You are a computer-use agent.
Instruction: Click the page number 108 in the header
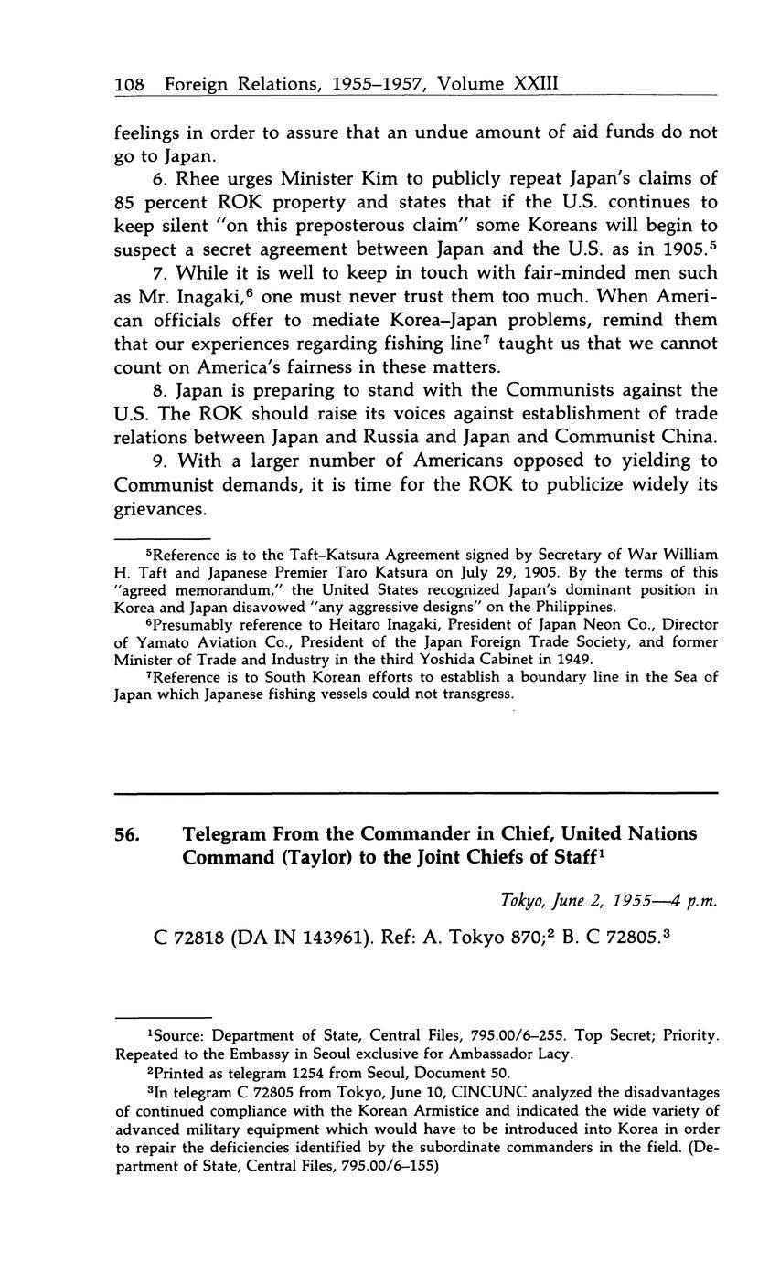pos(130,84)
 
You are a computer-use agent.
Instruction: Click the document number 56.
pos(128,834)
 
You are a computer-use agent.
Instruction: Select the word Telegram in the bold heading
pos(228,834)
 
